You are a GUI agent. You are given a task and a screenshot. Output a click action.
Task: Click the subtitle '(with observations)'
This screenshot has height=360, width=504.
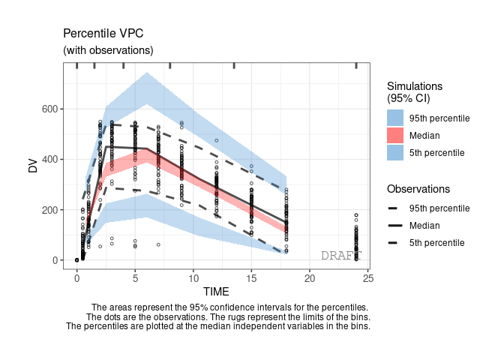tap(108, 50)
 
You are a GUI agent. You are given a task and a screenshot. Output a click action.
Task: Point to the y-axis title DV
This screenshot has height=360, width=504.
tap(33, 166)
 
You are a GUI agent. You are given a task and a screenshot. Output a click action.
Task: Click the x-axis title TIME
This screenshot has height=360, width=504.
tap(215, 291)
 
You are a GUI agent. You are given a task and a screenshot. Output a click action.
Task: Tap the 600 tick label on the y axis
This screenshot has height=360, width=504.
tap(48, 109)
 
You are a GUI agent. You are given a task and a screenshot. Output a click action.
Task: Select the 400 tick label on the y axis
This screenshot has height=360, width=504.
tap(48, 159)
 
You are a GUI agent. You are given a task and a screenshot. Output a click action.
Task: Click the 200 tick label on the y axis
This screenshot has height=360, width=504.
tap(48, 210)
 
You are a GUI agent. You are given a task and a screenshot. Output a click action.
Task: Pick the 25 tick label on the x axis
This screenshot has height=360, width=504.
tap(367, 278)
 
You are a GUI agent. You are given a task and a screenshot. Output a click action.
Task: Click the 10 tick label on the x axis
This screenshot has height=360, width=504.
tap(193, 278)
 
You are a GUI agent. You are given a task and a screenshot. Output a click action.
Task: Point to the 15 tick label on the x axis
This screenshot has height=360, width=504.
tap(251, 278)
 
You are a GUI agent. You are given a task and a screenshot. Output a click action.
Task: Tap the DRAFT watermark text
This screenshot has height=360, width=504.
tap(340, 256)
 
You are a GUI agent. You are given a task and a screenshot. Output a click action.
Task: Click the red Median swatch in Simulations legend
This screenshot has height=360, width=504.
tap(395, 136)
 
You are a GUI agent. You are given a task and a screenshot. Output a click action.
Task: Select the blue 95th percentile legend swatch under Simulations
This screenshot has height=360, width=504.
tap(395, 118)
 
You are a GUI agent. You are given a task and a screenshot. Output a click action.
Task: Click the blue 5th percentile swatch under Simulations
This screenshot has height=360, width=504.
tap(395, 153)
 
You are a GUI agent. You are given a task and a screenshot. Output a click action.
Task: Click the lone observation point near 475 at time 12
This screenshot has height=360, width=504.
tap(217, 140)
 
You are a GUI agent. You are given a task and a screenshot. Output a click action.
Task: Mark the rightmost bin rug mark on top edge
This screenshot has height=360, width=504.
tap(355, 66)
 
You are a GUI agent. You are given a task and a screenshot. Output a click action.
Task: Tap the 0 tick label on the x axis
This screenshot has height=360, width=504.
tap(76, 278)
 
